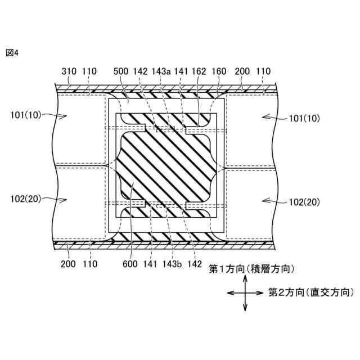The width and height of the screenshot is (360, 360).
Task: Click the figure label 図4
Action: pyautogui.click(x=12, y=53)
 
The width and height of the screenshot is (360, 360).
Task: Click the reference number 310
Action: pyautogui.click(x=69, y=71)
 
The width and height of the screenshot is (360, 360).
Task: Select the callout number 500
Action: pyautogui.click(x=121, y=71)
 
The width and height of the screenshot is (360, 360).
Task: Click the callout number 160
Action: pyautogui.click(x=219, y=71)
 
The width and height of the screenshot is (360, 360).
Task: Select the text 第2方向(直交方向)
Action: pyautogui.click(x=311, y=292)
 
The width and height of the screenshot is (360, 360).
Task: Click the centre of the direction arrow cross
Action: pyautogui.click(x=245, y=292)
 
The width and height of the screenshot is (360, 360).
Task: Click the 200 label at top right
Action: pyautogui.click(x=242, y=71)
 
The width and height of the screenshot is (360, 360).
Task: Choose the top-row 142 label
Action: pyautogui.click(x=141, y=71)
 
